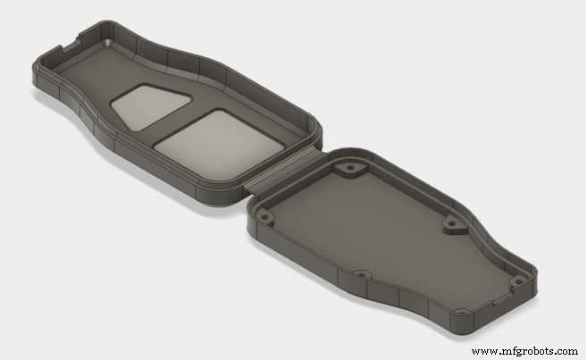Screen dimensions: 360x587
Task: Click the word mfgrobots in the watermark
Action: [x=521, y=351]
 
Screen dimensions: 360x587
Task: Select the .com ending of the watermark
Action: [x=563, y=351]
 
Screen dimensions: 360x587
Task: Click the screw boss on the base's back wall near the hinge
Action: [x=346, y=168]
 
